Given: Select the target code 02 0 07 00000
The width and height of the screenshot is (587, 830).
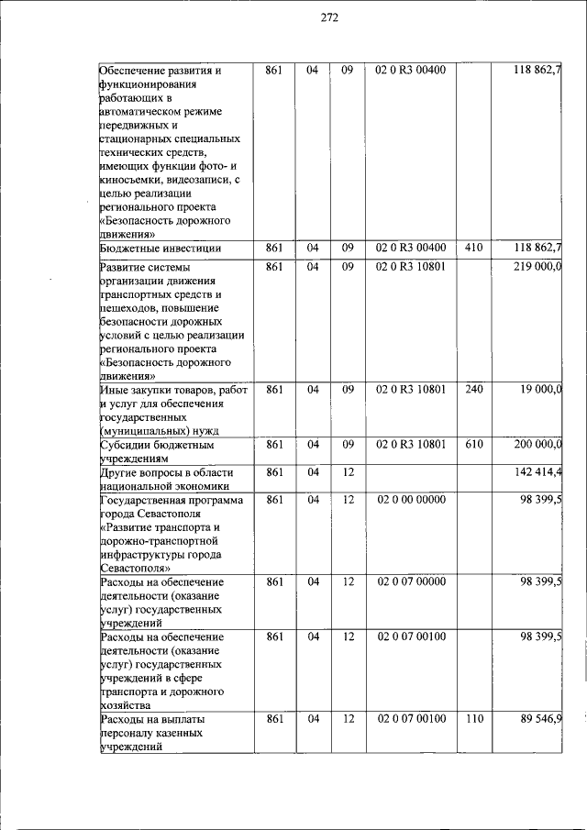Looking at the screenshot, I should [x=411, y=581].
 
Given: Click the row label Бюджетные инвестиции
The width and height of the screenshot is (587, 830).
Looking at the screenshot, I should [x=160, y=248].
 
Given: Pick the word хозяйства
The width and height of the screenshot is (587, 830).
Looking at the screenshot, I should [x=128, y=705].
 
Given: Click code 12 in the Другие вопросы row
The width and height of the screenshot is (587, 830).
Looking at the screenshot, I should [x=348, y=471].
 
